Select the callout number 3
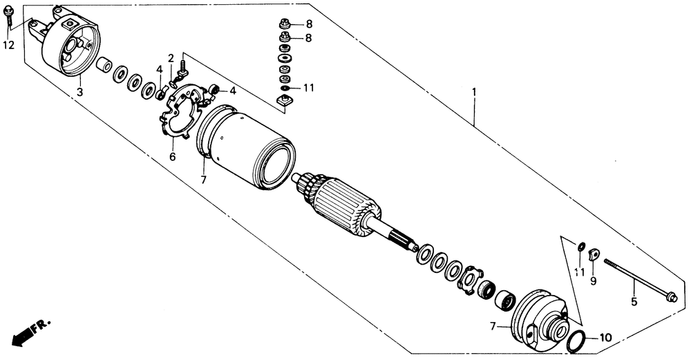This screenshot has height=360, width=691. coord(79,92)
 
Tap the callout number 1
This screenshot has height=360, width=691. coord(474,91)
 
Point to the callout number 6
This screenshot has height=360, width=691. coord(172,157)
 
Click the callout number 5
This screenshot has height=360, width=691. coord(633,301)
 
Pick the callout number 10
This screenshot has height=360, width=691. coord(605,338)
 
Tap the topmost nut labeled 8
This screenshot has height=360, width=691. coord(284,23)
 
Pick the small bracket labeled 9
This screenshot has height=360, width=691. coord(593,256)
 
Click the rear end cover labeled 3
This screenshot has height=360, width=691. coord(69,45)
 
